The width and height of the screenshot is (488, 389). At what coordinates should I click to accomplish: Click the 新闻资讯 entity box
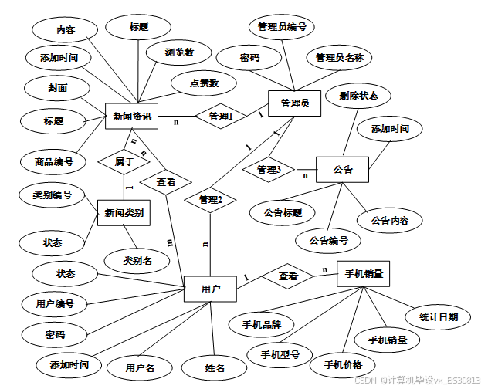tap(131, 117)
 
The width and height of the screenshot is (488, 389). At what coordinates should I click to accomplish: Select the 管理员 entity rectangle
tap(294, 103)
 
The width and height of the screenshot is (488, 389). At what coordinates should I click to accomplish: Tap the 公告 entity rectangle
tap(342, 170)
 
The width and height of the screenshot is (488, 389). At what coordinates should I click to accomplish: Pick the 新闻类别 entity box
tap(124, 212)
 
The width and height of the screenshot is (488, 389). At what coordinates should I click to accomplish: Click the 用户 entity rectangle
tap(210, 289)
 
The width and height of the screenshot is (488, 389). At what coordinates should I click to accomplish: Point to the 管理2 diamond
tap(210, 200)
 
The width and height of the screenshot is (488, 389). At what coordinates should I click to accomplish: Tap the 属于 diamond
tap(124, 162)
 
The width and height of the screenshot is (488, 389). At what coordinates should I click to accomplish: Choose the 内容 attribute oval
tap(66, 30)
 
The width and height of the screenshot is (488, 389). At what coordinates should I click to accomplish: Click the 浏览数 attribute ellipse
tap(178, 52)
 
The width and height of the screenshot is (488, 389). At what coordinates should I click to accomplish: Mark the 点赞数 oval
tap(204, 83)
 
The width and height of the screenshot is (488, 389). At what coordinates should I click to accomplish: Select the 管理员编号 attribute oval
tap(281, 28)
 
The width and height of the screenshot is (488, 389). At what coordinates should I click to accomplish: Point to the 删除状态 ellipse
tap(358, 96)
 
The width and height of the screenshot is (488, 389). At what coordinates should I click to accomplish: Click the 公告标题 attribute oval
tap(283, 212)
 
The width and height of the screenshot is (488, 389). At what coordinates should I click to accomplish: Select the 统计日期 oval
tap(438, 316)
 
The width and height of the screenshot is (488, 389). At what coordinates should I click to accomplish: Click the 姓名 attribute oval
tap(215, 368)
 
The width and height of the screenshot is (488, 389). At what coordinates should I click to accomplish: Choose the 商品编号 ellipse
tap(53, 162)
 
